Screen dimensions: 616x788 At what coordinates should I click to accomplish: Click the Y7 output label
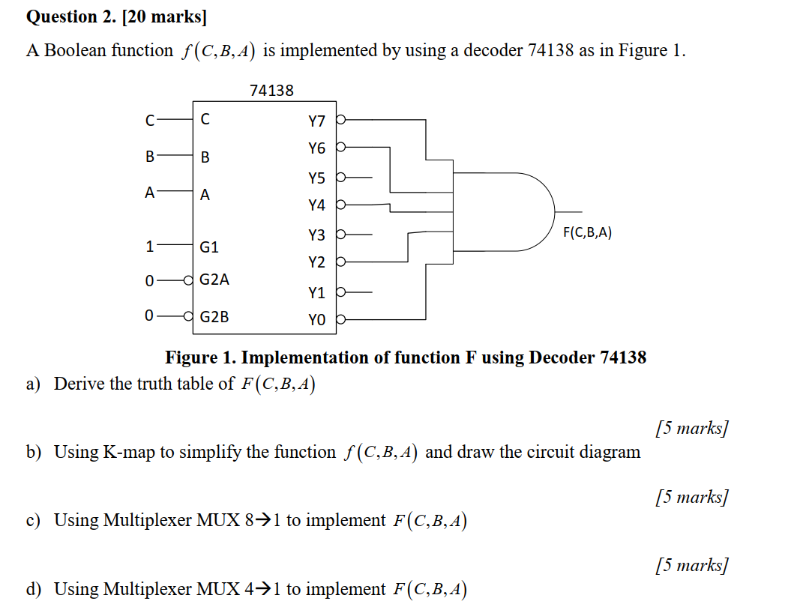pyautogui.click(x=316, y=121)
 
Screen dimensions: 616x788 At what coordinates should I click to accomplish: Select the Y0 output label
pyautogui.click(x=316, y=321)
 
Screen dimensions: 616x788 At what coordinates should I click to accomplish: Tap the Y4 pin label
pyautogui.click(x=316, y=205)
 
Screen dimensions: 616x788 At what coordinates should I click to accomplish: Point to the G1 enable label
pyautogui.click(x=210, y=247)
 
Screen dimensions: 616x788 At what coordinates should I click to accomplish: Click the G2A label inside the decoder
pyautogui.click(x=214, y=280)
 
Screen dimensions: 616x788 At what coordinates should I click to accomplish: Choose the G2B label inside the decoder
pyautogui.click(x=214, y=316)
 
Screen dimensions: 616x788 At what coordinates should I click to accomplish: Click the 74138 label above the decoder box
pyautogui.click(x=271, y=91)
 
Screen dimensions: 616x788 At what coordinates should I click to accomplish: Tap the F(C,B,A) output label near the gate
pyautogui.click(x=587, y=232)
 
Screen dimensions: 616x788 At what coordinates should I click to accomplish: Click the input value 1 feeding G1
pyautogui.click(x=150, y=246)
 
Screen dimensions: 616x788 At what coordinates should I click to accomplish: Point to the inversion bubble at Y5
pyautogui.click(x=341, y=179)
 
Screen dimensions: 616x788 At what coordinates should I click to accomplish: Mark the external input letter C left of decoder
pyautogui.click(x=150, y=119)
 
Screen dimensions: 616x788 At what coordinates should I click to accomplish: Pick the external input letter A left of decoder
pyautogui.click(x=150, y=192)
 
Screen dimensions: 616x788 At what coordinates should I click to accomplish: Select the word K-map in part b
pyautogui.click(x=129, y=452)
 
